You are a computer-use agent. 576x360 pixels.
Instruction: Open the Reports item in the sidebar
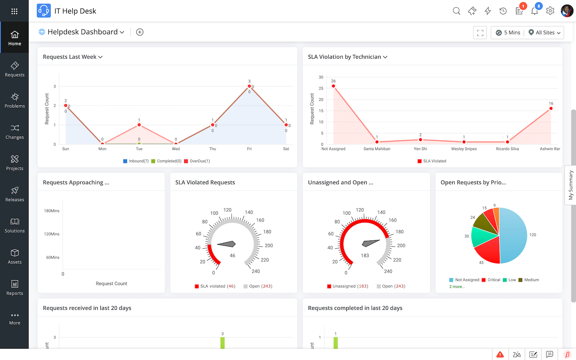click(x=14, y=288)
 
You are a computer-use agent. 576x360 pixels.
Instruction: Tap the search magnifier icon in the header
click(x=457, y=11)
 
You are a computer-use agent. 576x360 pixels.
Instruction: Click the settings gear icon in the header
click(x=550, y=11)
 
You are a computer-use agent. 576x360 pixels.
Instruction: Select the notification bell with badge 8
click(x=535, y=11)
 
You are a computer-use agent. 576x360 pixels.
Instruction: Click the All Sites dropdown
click(x=544, y=33)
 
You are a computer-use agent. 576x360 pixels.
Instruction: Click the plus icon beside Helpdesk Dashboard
click(x=140, y=32)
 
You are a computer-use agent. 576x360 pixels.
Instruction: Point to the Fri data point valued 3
click(x=249, y=86)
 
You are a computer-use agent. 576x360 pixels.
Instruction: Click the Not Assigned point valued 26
click(x=333, y=86)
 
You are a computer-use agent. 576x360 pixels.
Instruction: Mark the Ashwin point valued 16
click(x=551, y=109)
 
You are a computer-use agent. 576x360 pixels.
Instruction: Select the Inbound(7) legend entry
click(x=136, y=161)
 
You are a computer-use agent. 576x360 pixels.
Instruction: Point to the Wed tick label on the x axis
click(x=176, y=149)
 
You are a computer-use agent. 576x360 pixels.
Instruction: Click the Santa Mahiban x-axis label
click(x=377, y=149)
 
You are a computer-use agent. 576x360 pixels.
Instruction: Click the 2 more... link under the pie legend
click(x=457, y=287)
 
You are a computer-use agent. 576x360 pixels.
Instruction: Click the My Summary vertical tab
click(x=571, y=185)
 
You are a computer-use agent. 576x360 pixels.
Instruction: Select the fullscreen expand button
click(x=480, y=33)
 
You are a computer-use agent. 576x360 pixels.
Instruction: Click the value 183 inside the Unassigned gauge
click(x=365, y=256)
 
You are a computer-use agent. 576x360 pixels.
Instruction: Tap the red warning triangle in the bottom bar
click(x=500, y=355)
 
